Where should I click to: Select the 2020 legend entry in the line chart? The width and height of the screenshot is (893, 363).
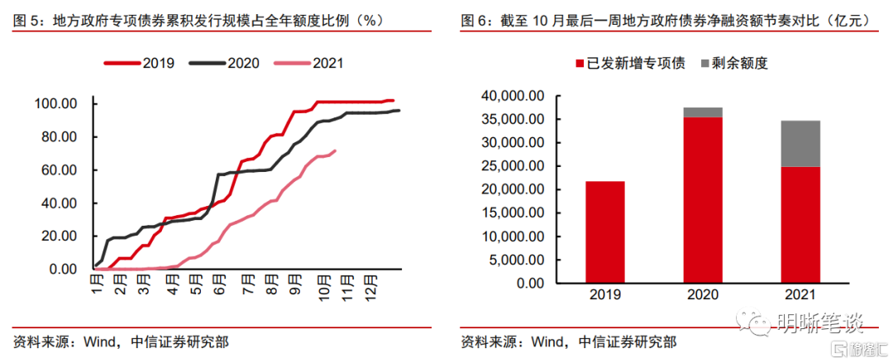tap(224, 63)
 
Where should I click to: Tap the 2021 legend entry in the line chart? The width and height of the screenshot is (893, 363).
tap(309, 63)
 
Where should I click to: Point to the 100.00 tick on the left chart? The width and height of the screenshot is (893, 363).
tap(55, 103)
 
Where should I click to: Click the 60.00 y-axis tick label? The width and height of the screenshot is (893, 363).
tap(59, 170)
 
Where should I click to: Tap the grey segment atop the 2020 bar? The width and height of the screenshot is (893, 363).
tap(702, 112)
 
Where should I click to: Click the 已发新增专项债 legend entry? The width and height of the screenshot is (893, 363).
tap(628, 64)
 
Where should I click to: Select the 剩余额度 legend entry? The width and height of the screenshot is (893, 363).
tap(737, 64)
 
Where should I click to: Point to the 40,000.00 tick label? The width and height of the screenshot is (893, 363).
tap(513, 96)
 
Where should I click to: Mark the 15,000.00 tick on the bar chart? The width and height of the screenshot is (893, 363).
tap(513, 213)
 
